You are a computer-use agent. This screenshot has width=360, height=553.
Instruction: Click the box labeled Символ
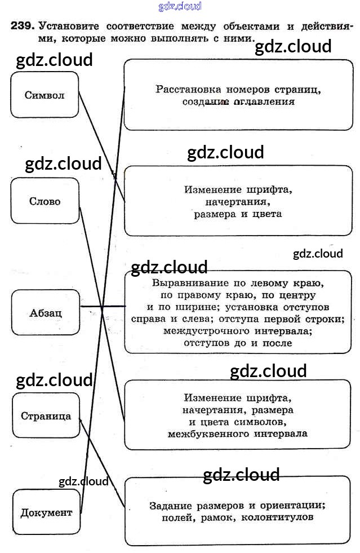pyautogui.click(x=45, y=95)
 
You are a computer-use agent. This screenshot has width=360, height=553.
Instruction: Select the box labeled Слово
pyautogui.click(x=45, y=201)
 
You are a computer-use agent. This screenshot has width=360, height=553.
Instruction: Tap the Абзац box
pyautogui.click(x=45, y=312)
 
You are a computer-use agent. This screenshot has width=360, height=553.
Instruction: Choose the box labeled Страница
pyautogui.click(x=46, y=416)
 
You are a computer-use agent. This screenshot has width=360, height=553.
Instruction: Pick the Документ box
pyautogui.click(x=46, y=512)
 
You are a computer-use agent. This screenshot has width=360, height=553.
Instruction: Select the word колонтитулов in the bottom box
pyautogui.click(x=277, y=516)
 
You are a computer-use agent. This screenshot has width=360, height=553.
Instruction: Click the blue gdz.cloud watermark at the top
pyautogui.click(x=180, y=7)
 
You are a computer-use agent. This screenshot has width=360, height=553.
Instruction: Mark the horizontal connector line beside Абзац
pyautogui.click(x=103, y=307)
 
